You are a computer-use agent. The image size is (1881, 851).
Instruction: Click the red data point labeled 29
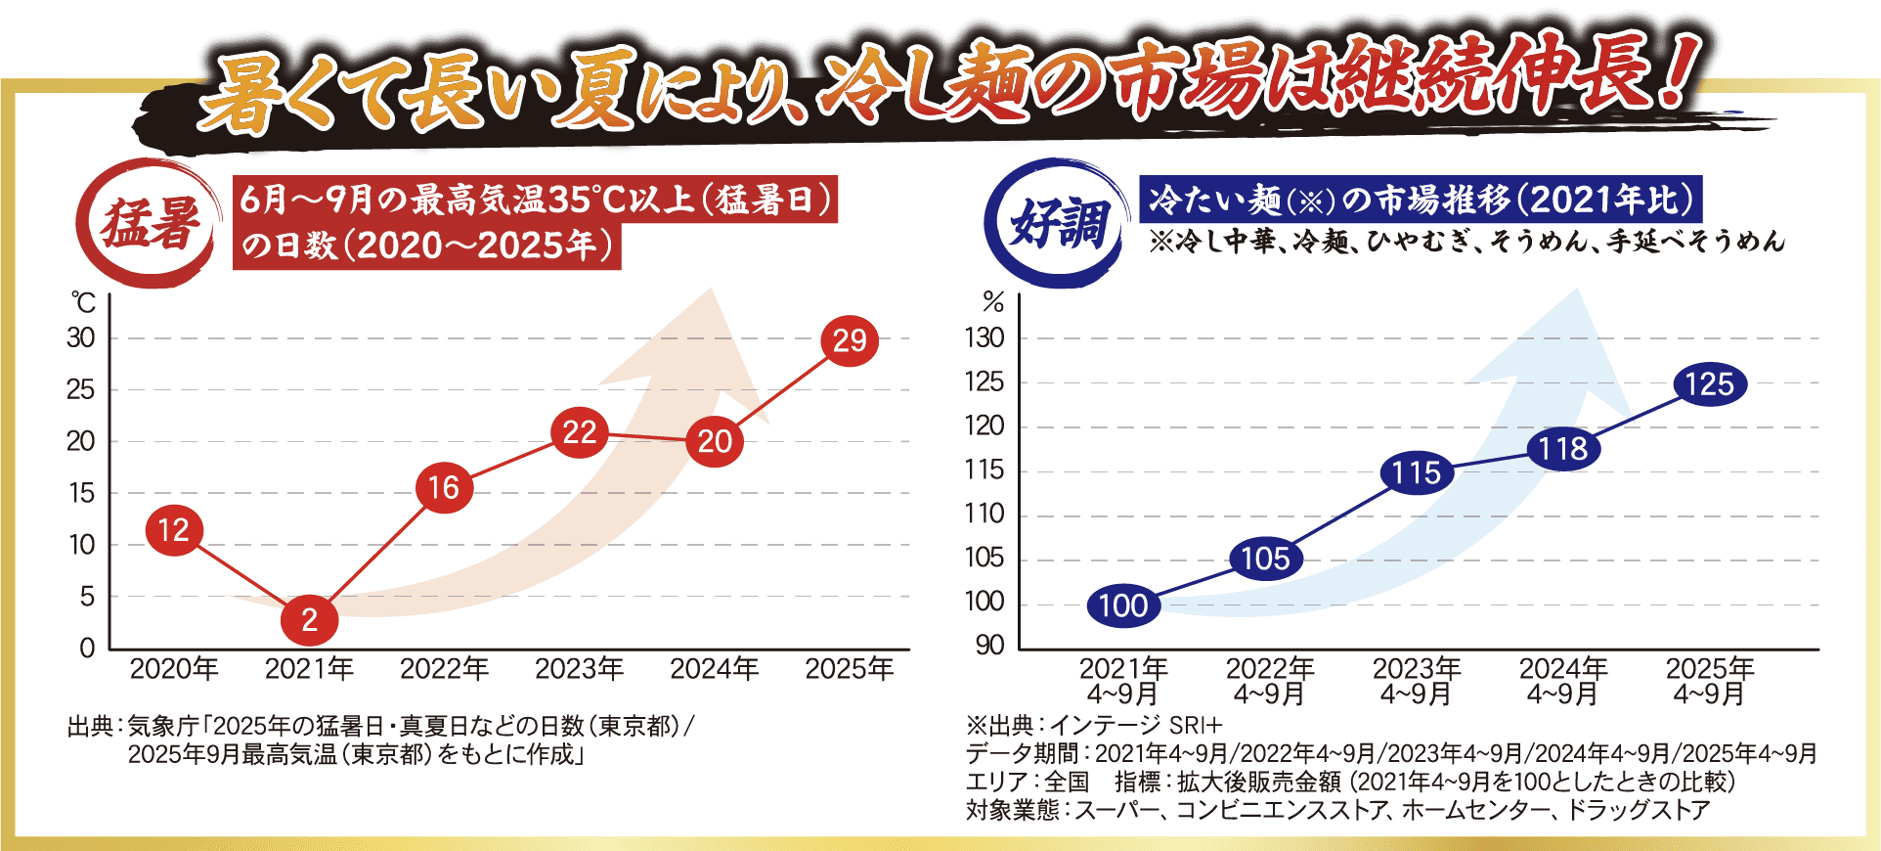pyautogui.click(x=850, y=340)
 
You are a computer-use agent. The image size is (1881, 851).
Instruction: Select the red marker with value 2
pyautogui.click(x=309, y=619)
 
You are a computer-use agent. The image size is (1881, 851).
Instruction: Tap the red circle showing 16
pyautogui.click(x=444, y=488)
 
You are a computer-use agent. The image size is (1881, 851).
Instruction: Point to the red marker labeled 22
pyautogui.click(x=580, y=432)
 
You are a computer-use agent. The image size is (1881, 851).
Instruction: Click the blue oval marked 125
pyautogui.click(x=1709, y=383)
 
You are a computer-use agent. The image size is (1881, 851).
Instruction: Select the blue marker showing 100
pyautogui.click(x=1123, y=605)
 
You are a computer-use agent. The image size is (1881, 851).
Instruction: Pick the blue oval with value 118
pyautogui.click(x=1562, y=449)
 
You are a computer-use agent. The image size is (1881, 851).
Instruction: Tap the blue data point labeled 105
pyautogui.click(x=1265, y=559)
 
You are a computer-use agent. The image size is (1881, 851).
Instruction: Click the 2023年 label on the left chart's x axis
pyautogui.click(x=579, y=669)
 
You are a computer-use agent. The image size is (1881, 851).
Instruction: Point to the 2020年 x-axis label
pyautogui.click(x=174, y=669)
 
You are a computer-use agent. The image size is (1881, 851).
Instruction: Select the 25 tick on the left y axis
pyautogui.click(x=80, y=389)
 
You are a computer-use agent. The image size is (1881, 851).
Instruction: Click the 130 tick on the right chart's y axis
pyautogui.click(x=984, y=337)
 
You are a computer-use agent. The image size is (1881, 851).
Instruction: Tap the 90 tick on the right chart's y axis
pyautogui.click(x=989, y=646)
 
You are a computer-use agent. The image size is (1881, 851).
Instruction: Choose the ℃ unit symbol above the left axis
pyautogui.click(x=83, y=303)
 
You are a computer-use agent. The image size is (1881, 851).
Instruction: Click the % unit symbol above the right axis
pyautogui.click(x=993, y=303)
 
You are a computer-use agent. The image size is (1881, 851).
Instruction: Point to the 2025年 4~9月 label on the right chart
pyautogui.click(x=1709, y=681)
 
